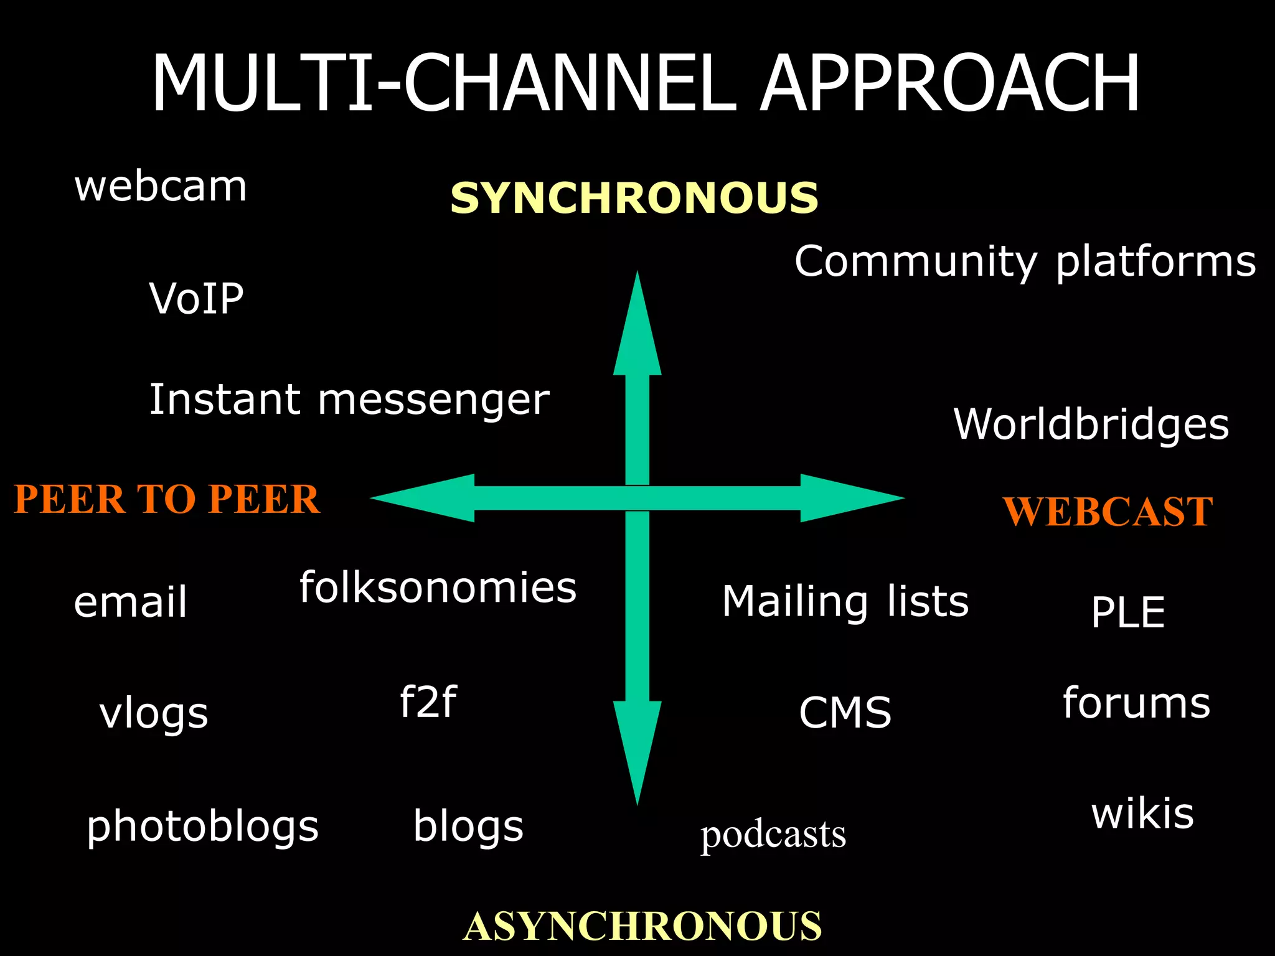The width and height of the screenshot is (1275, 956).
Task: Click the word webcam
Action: (x=161, y=187)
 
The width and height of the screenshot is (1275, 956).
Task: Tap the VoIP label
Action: (x=196, y=299)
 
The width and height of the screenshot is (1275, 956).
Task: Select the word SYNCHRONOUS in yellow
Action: (x=634, y=198)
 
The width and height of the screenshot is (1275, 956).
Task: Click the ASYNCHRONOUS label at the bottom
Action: (x=642, y=926)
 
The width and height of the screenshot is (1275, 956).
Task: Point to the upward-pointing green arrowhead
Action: (x=637, y=330)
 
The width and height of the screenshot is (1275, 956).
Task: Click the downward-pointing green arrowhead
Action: (x=637, y=747)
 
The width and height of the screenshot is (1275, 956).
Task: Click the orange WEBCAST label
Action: (x=1108, y=512)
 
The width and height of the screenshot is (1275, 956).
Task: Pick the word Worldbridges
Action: (x=1091, y=424)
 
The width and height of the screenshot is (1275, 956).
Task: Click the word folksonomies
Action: (x=438, y=588)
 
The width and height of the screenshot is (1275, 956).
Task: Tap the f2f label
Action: (x=428, y=701)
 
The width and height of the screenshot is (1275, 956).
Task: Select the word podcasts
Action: (x=773, y=835)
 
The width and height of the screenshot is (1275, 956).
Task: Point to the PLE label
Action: (x=1127, y=612)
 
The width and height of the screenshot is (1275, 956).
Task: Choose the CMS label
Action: (x=845, y=713)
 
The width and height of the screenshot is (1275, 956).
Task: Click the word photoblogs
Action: (x=202, y=827)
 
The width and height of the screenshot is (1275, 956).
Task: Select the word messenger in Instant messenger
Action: (x=434, y=400)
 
